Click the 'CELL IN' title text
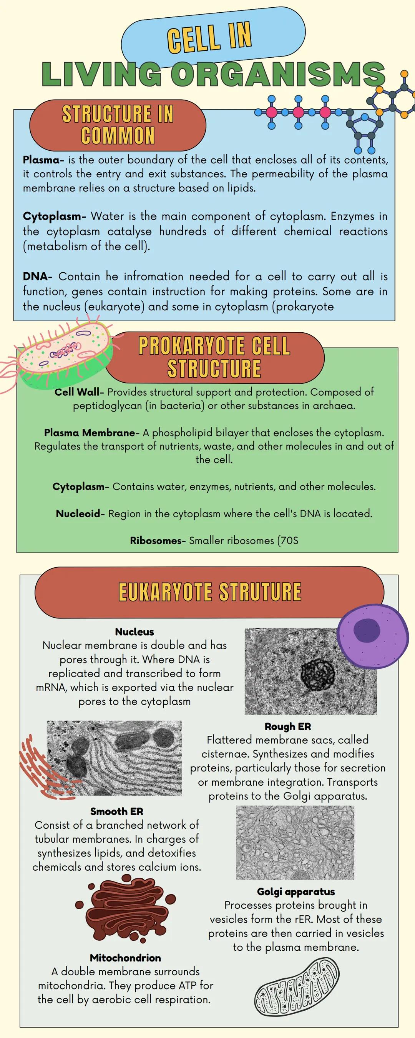pyautogui.click(x=209, y=37)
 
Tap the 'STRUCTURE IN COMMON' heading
pyautogui.click(x=118, y=125)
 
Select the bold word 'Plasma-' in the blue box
pyautogui.click(x=43, y=160)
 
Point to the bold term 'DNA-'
pyautogui.click(x=37, y=277)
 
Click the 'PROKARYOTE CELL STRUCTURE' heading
pyautogui.click(x=214, y=357)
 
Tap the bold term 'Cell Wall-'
pyautogui.click(x=79, y=392)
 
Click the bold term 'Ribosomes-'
pyautogui.click(x=158, y=540)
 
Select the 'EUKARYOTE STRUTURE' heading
pyautogui.click(x=210, y=592)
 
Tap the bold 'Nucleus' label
pyautogui.click(x=134, y=631)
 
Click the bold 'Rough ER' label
pyautogui.click(x=288, y=726)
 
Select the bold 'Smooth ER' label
pyautogui.click(x=117, y=811)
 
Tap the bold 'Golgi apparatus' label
pyautogui.click(x=296, y=892)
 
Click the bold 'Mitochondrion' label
pyautogui.click(x=126, y=957)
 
